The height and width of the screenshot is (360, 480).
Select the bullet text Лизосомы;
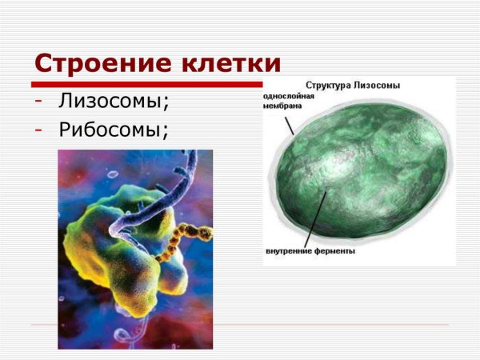113,102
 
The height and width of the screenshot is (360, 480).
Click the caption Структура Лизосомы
353,85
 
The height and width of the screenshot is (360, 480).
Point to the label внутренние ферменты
310,251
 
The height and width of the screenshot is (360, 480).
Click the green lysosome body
368,176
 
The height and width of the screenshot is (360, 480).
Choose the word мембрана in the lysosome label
283,105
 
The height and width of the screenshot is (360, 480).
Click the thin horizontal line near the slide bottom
240,325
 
